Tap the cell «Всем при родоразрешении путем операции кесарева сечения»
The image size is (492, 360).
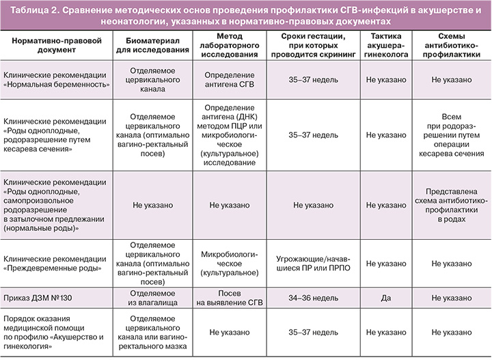point(454,135)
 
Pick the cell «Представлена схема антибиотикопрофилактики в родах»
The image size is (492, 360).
point(454,204)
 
